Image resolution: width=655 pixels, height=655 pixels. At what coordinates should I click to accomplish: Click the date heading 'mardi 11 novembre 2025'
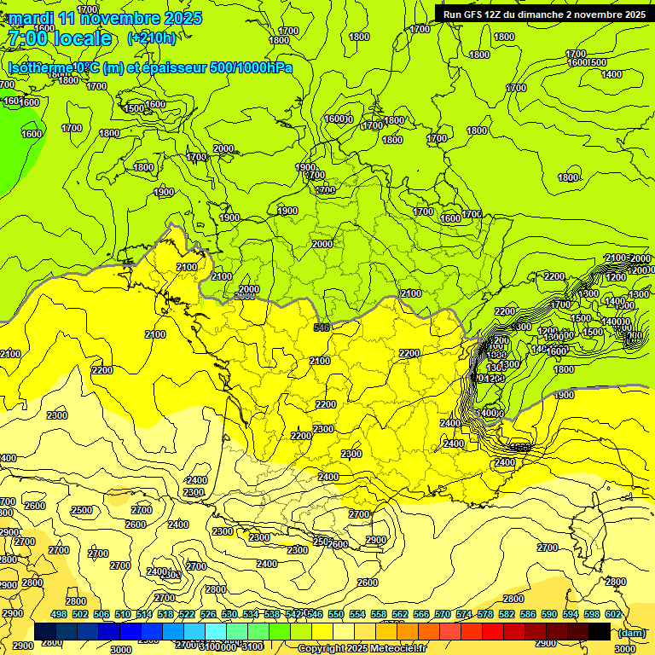pos(105,18)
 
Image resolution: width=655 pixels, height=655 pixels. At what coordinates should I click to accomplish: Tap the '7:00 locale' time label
pos(60,38)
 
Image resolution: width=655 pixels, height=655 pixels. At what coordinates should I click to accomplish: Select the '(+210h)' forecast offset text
pos(152,38)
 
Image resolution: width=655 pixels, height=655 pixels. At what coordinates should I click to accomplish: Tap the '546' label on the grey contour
pos(322,327)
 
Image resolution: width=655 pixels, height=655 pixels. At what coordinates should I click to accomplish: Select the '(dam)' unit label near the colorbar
pos(632,632)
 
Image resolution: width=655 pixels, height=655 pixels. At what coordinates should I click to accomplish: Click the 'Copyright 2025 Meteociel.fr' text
pos(362,649)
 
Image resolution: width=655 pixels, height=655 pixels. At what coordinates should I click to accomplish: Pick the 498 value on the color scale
pos(59,615)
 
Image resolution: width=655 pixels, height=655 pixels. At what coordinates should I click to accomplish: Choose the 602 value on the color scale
pos(612,615)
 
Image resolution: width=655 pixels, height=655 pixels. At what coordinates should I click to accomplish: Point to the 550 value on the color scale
pos(336,615)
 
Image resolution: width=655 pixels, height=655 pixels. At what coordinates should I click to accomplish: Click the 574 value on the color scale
pos(464,615)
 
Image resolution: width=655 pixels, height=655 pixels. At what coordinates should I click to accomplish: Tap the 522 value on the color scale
pos(187,615)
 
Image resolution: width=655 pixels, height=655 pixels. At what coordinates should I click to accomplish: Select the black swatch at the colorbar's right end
pos(600,631)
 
